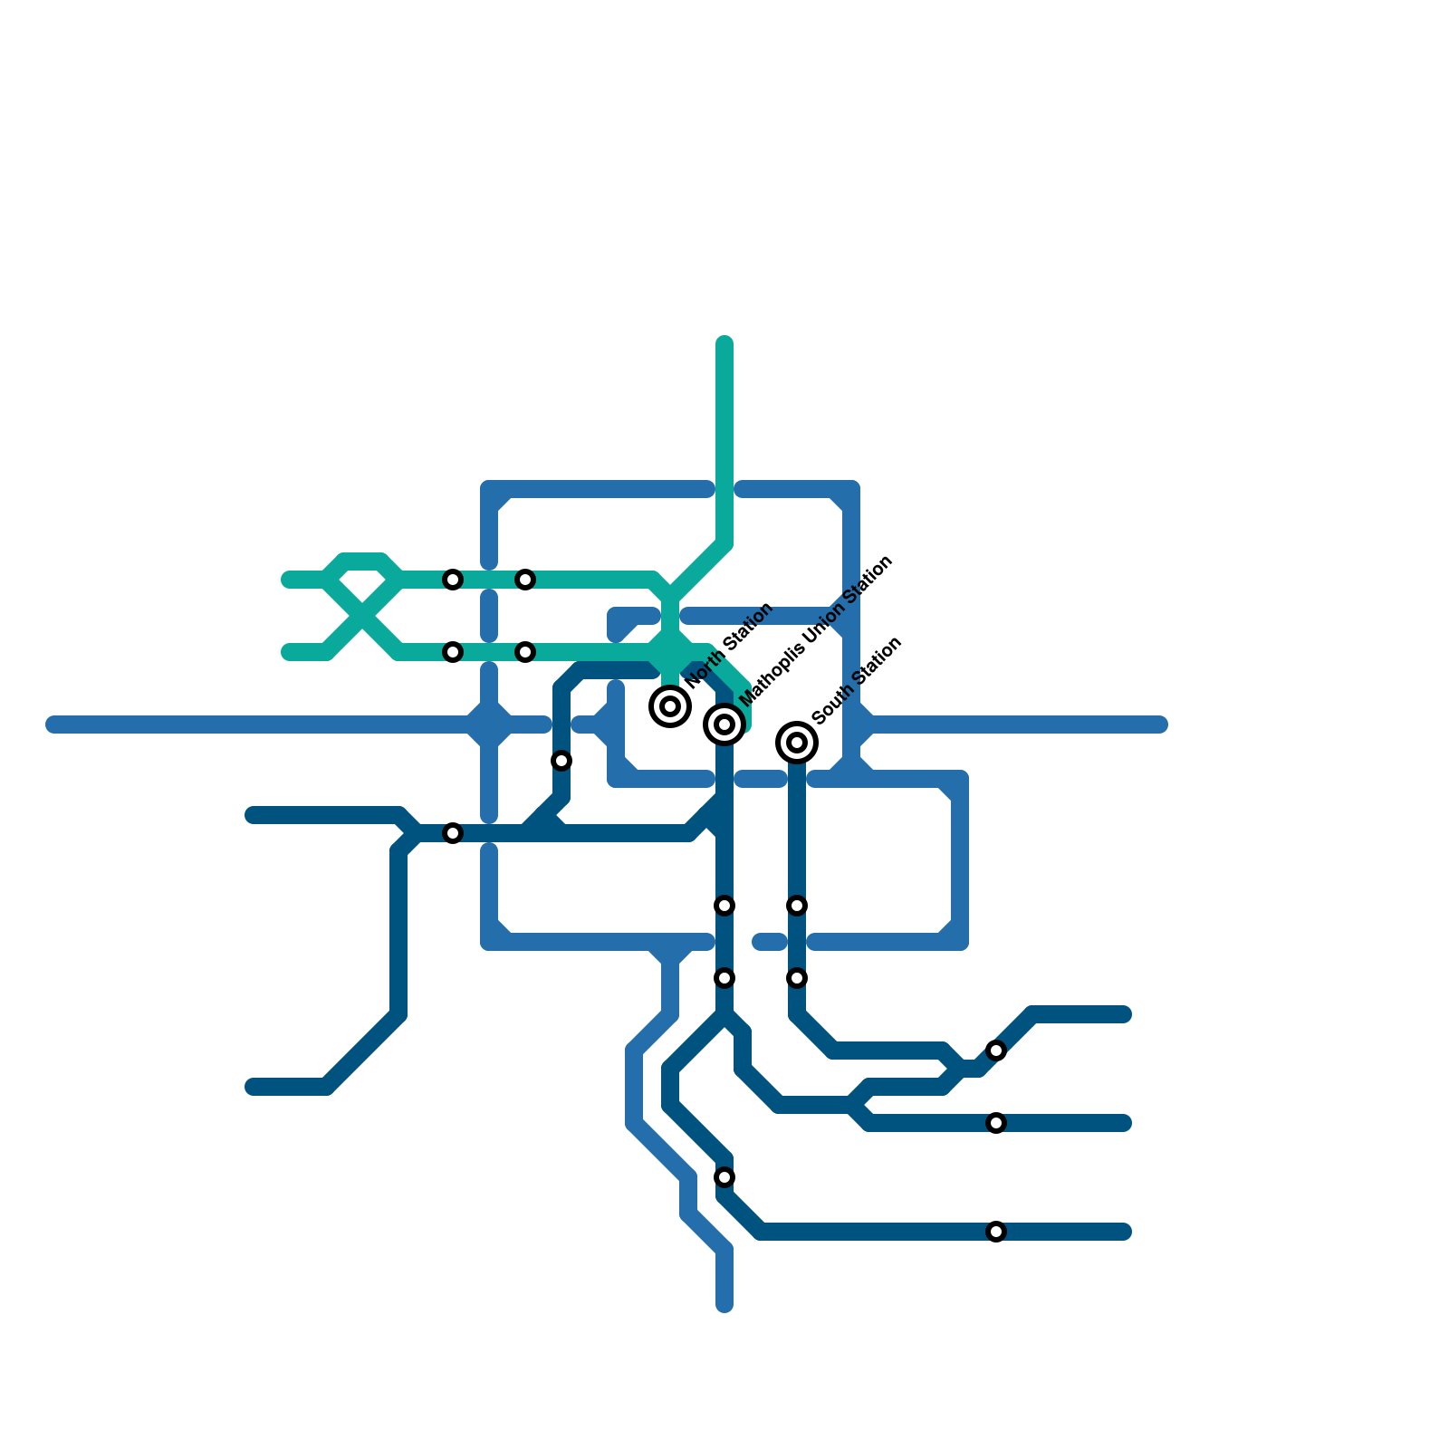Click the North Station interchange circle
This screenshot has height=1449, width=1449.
coord(670,706)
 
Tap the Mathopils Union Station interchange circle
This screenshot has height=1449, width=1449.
coord(724,724)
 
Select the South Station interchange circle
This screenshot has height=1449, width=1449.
coord(797,743)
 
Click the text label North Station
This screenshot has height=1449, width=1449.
coord(730,645)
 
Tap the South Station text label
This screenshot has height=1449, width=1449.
coord(857,681)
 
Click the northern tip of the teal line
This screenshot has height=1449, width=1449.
coord(724,343)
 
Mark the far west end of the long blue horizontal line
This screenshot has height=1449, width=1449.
coord(53,724)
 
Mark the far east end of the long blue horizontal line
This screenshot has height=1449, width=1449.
coord(1161,724)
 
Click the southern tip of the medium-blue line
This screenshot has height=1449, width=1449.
coord(724,1305)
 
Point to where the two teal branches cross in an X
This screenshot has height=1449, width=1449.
coord(362,616)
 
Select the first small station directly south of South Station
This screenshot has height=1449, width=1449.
coord(797,906)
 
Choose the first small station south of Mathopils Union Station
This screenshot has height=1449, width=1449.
coord(724,906)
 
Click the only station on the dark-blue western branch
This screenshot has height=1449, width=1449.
coord(453,833)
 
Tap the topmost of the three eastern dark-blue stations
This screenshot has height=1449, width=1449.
coord(996,1051)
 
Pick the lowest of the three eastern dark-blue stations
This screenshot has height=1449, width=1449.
coord(996,1232)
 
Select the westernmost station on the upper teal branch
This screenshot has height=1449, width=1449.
coord(453,580)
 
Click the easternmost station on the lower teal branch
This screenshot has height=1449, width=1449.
coord(525,652)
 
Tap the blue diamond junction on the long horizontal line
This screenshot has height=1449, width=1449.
coord(490,724)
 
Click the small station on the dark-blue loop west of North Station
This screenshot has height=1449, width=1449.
coord(561,761)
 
